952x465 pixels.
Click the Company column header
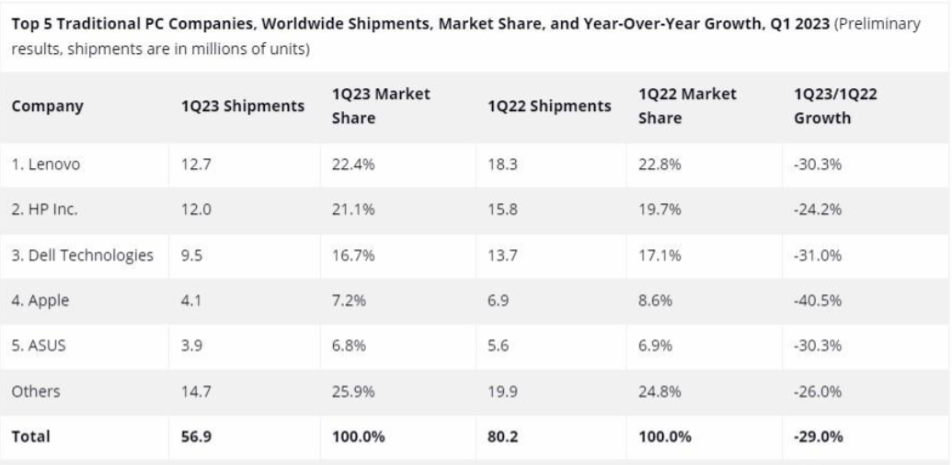47,106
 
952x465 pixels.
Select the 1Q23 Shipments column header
243,106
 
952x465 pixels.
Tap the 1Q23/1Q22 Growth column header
832,106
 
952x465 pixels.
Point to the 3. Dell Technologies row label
82,255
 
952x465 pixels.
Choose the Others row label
36,391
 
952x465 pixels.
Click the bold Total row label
31,437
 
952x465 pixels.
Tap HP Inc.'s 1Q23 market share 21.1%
353,210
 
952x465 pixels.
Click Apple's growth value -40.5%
818,301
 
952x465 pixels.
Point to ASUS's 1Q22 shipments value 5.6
499,346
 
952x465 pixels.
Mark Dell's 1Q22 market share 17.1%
660,255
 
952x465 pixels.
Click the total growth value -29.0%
818,437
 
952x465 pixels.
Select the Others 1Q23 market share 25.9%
353,391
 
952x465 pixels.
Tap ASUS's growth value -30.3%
818,346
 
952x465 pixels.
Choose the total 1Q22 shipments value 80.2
502,437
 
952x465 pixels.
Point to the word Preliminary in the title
878,24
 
